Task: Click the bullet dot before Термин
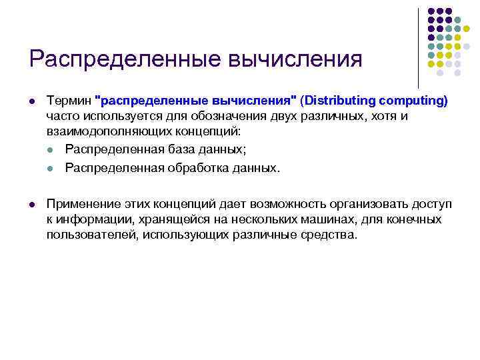(32, 101)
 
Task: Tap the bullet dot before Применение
(32, 204)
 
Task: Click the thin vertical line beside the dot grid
(418, 47)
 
